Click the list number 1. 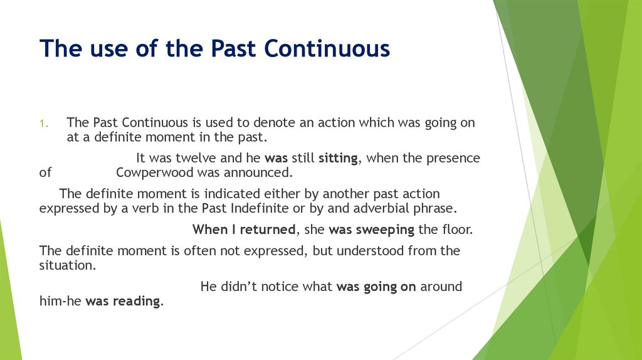pos(44,124)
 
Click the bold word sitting pos(338,159)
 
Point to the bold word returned pos(268,230)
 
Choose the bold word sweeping pos(385,230)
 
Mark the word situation pos(68,265)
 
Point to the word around pos(441,286)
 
